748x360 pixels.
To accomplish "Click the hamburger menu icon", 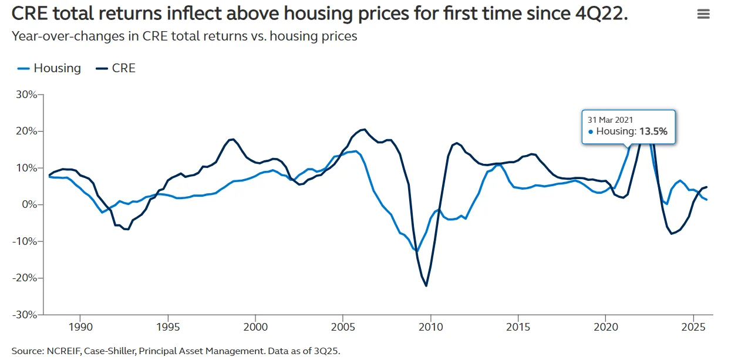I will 703,14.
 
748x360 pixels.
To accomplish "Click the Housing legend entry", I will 49,68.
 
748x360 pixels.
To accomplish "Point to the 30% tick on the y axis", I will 27,95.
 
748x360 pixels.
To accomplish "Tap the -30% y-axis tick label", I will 25,314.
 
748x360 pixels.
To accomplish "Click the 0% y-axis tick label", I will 29,204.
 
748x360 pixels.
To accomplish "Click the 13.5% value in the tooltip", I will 653,132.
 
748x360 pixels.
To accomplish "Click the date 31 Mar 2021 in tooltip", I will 611,120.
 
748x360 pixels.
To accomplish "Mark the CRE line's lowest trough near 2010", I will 426,286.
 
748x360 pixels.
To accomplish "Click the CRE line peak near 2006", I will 364,129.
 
